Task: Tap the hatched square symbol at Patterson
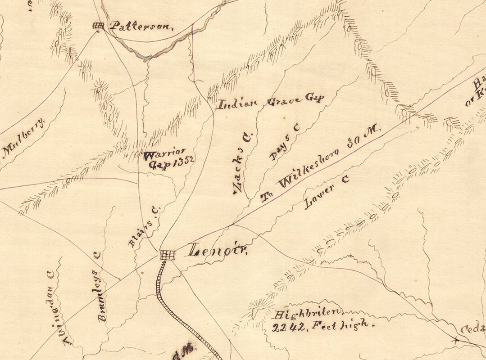point(98,26)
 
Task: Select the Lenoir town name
point(218,250)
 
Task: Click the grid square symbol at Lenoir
point(168,255)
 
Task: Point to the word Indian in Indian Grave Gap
point(237,104)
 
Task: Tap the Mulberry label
point(25,138)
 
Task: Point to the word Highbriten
point(309,314)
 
